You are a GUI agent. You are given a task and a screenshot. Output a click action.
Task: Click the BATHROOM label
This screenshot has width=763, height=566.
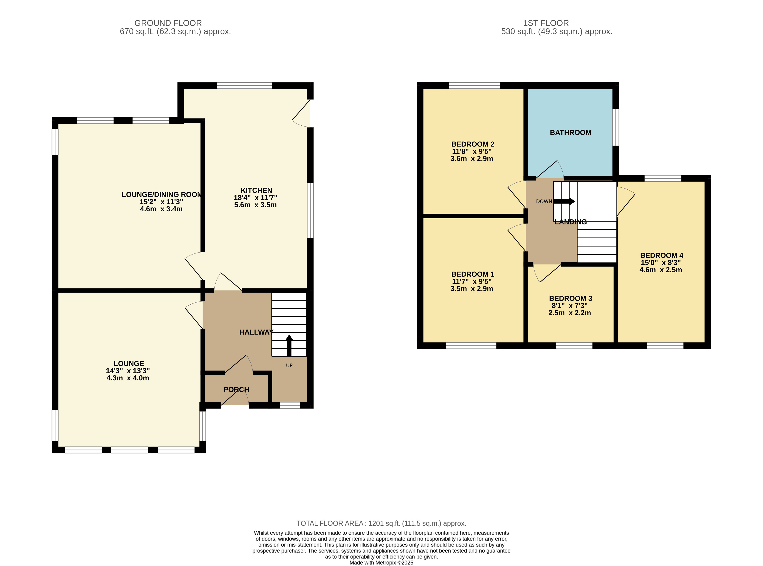(x=570, y=133)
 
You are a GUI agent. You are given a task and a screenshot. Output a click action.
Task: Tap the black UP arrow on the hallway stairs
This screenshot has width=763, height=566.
(x=289, y=345)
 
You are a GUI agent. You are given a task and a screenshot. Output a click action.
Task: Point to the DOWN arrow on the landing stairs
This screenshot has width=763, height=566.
(x=564, y=201)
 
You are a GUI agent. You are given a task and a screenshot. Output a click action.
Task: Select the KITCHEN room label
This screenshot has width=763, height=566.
(x=256, y=190)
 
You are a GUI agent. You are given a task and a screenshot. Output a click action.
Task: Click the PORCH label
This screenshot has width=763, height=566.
(x=236, y=389)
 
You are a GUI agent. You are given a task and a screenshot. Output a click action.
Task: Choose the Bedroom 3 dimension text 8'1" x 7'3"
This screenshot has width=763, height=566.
(x=570, y=306)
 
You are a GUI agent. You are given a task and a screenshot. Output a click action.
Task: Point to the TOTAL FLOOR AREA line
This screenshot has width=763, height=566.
(x=381, y=523)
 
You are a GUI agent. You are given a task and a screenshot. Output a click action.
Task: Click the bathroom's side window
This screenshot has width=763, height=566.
(x=615, y=127)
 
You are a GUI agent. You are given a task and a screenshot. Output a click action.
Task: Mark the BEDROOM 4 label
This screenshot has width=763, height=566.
(x=661, y=255)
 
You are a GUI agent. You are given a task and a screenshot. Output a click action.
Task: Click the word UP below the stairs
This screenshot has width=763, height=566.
(x=289, y=366)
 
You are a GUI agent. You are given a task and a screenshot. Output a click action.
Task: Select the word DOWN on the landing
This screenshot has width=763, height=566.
(x=544, y=201)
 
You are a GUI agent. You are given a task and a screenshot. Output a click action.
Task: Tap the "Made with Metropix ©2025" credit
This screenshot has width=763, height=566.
(x=381, y=563)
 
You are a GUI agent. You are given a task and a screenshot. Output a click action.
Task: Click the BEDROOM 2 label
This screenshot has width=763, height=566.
(x=472, y=144)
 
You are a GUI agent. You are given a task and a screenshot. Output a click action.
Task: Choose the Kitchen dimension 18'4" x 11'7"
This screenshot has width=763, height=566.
(x=255, y=198)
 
